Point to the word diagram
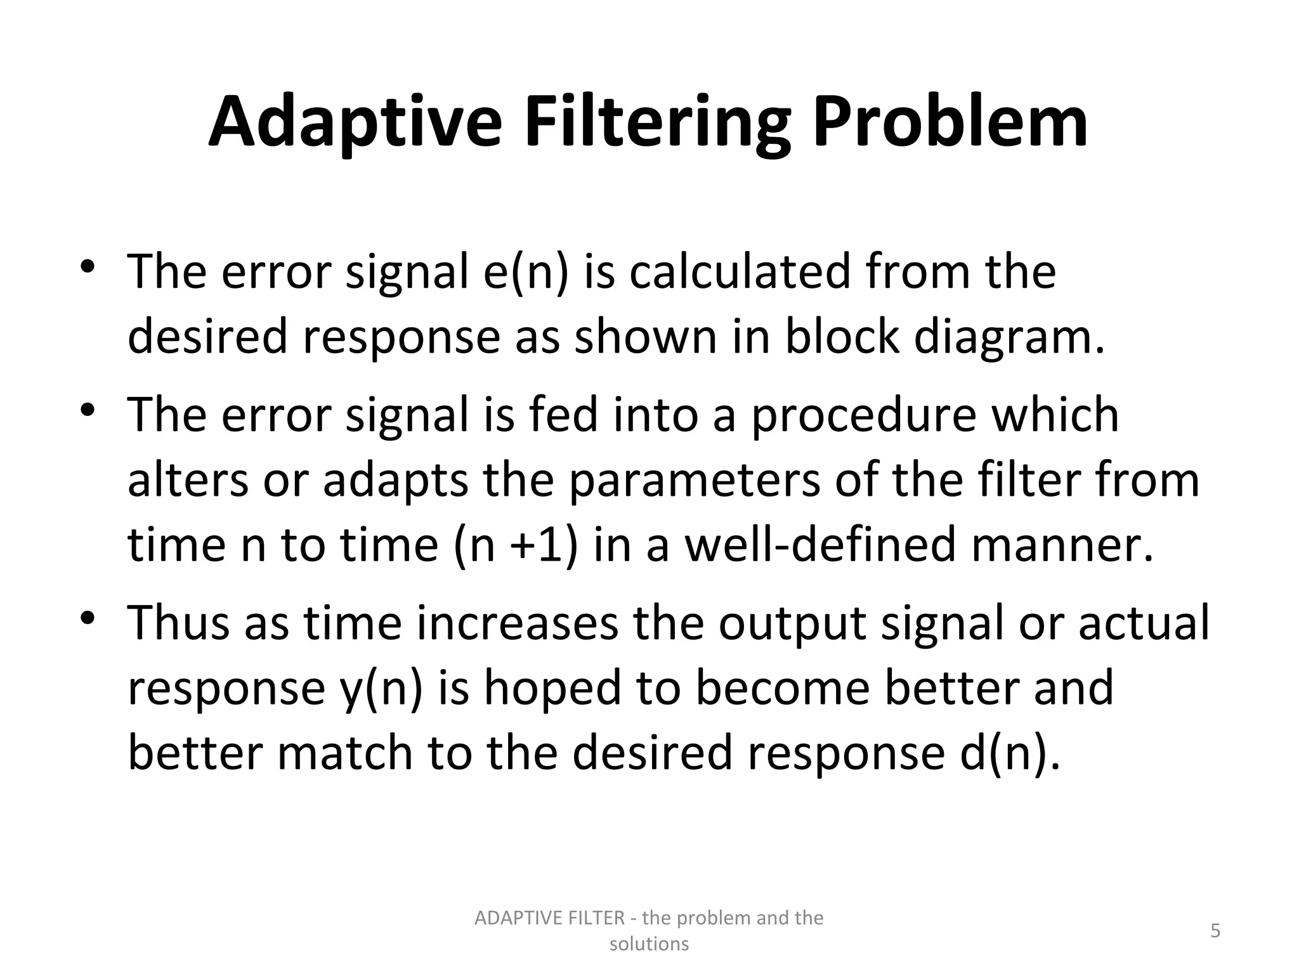point(1009,337)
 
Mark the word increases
point(517,623)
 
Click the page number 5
point(1215,931)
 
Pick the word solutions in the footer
point(649,944)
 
